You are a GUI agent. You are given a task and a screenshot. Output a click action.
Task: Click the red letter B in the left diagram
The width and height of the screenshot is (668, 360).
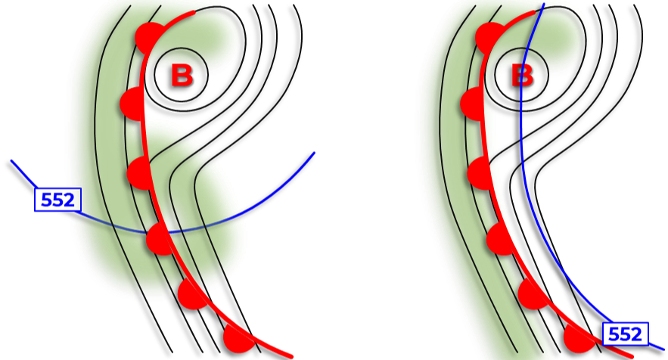point(182,76)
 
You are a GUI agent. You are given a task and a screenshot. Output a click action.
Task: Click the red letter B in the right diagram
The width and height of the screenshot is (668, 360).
point(522,76)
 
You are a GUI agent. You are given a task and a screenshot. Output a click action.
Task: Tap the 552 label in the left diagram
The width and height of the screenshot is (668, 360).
point(57,200)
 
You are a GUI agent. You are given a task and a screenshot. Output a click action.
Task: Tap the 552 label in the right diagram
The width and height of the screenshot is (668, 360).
point(625,334)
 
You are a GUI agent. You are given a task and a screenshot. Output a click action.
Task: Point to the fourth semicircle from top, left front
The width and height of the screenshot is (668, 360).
point(159,239)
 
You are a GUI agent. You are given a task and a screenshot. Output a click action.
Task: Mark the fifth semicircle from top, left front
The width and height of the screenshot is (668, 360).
point(194,294)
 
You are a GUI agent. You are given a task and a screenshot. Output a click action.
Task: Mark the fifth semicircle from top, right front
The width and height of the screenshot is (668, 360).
point(533,293)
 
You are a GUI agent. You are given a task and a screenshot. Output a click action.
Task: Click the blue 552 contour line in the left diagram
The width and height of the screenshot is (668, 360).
point(250,212)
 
